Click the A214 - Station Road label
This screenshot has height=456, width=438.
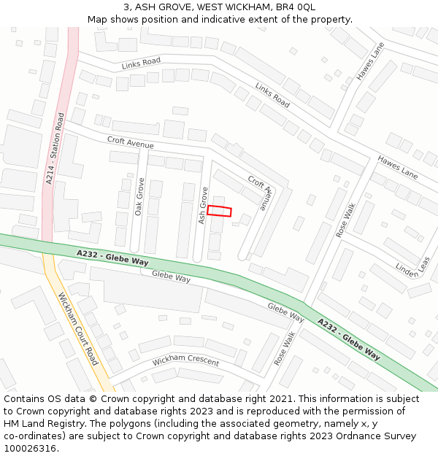55,147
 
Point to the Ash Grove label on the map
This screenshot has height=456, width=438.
203,205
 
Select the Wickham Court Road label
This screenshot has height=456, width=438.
77,329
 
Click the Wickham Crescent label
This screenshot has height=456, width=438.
185,362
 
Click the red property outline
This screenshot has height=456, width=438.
219,211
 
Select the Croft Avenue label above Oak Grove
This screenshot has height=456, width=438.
130,142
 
